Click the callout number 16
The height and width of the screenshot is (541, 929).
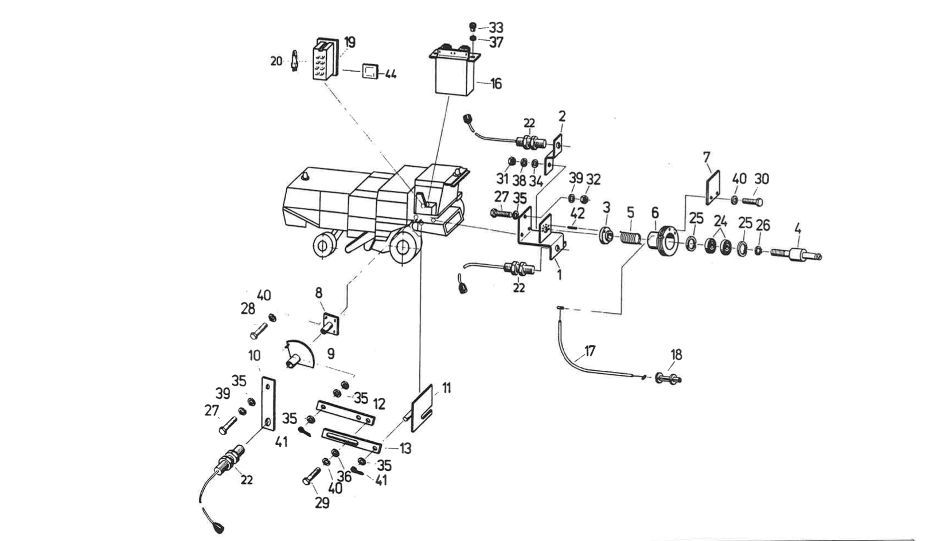pos(496,84)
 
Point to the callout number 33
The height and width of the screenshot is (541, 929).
pos(496,28)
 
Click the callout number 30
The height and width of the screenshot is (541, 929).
pos(761,179)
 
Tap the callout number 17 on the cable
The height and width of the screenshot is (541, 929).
pos(590,351)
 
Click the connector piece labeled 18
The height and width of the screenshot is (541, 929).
pos(666,378)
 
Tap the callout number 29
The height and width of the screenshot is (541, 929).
pos(322,503)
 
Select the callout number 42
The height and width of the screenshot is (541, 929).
pos(577,214)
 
